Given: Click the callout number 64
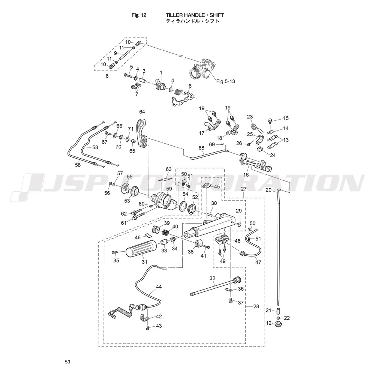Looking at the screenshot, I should click(x=142, y=112).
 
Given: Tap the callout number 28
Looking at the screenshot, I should click(x=256, y=306).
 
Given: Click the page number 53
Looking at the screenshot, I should click(x=67, y=362).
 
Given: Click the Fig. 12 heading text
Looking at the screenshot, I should click(x=139, y=15).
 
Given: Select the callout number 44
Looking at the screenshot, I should click(x=159, y=286).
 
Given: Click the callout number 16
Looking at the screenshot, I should click(x=246, y=174).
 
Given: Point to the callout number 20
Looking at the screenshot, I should click(x=268, y=190).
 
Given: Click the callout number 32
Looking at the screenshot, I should click(x=213, y=278).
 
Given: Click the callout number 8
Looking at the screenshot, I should click(x=107, y=76).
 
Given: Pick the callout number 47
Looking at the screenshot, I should click(x=258, y=262).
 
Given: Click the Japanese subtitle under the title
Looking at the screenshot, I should click(x=192, y=22).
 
